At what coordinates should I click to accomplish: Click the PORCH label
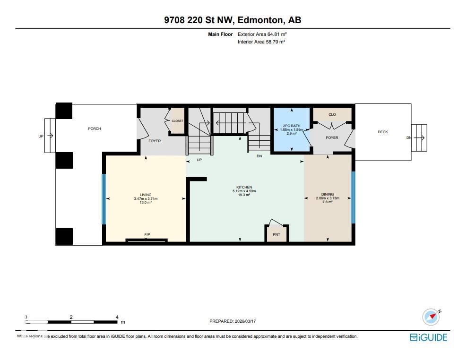tap(95, 129)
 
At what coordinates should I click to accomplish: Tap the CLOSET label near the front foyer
tap(177, 121)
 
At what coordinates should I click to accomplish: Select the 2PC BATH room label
tap(292, 126)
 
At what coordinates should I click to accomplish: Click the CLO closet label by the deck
tap(332, 114)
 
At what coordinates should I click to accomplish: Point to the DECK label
tap(383, 132)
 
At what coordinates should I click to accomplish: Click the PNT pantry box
tap(277, 234)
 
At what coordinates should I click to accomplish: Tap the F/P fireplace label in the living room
tap(147, 235)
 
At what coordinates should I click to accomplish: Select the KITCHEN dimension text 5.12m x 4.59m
tap(244, 191)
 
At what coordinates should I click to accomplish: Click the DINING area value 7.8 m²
tap(328, 202)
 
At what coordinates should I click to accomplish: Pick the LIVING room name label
tap(146, 195)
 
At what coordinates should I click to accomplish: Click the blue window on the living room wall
tap(104, 199)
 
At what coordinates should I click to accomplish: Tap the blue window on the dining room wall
tap(353, 197)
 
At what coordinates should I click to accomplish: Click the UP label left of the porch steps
tap(41, 136)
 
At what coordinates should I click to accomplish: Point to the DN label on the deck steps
tap(408, 138)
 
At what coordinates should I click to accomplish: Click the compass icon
tap(431, 317)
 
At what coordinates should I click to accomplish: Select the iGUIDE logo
tap(428, 337)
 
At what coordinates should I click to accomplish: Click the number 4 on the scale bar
tap(117, 317)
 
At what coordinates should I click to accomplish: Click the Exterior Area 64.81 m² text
tap(262, 34)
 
